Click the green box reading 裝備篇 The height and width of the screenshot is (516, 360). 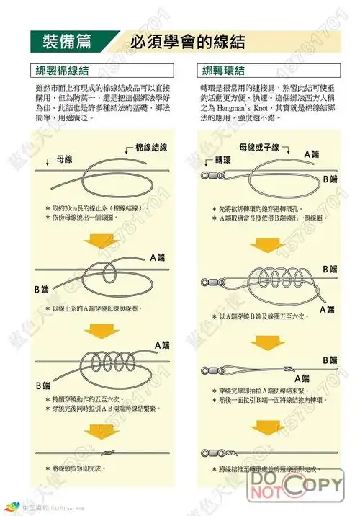click(67, 41)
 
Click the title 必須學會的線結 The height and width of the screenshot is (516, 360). click(183, 42)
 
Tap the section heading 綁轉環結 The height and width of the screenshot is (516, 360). click(225, 71)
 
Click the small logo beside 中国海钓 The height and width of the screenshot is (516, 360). click(9, 507)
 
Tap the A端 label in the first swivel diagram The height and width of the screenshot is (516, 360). click(312, 154)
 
